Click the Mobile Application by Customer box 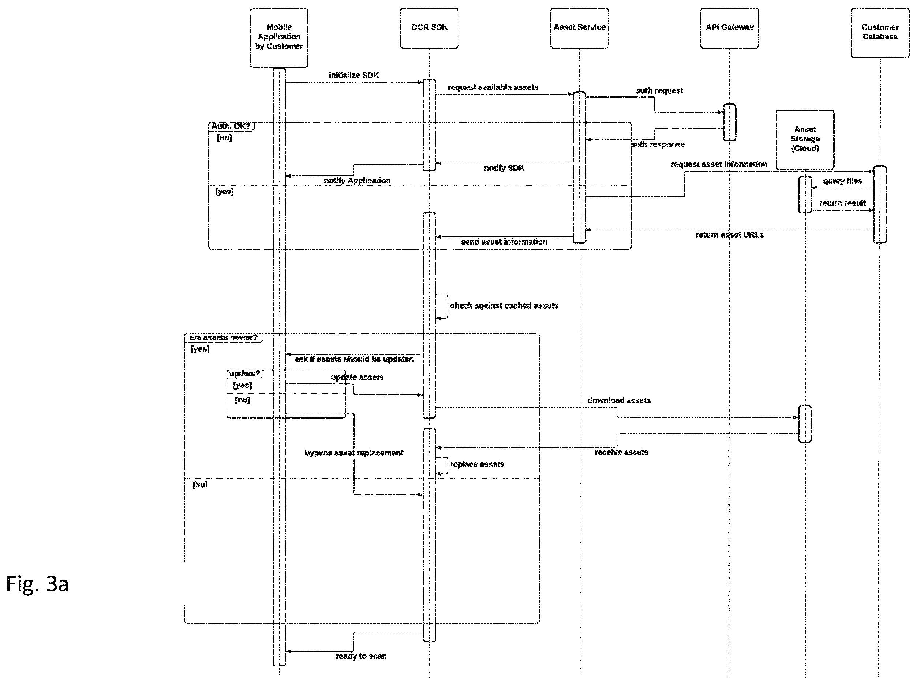[x=279, y=37]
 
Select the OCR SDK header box [x=429, y=28]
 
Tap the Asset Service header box [x=580, y=28]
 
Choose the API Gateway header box [x=730, y=28]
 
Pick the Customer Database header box [x=880, y=33]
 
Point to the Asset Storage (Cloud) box [x=805, y=140]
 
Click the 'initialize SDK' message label [x=353, y=75]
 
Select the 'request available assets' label [x=493, y=87]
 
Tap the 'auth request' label [x=659, y=90]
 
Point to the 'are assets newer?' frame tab [x=224, y=337]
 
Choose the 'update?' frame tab [x=244, y=374]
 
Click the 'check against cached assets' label [x=504, y=305]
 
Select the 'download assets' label [x=619, y=400]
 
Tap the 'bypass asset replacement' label [x=354, y=453]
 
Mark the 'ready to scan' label [x=361, y=656]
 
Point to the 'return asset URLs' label [x=730, y=234]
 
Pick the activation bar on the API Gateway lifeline [x=730, y=122]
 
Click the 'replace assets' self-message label [x=477, y=464]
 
